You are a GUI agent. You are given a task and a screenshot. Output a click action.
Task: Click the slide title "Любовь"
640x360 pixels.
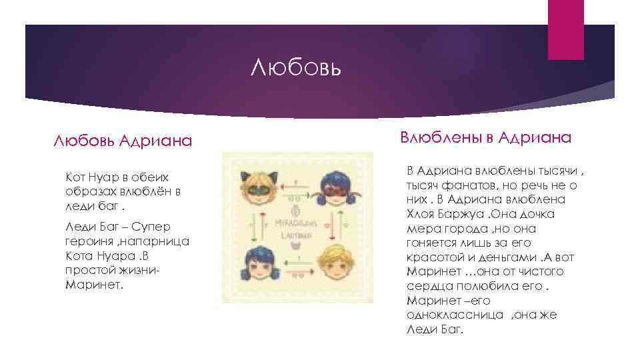pyautogui.click(x=297, y=67)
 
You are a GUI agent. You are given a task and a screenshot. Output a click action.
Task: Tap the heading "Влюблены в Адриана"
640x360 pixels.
pyautogui.click(x=485, y=137)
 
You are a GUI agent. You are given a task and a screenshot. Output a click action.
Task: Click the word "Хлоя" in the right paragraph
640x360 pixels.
pyautogui.click(x=420, y=214)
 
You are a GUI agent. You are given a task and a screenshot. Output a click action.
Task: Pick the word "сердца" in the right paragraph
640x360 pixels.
pyautogui.click(x=427, y=286)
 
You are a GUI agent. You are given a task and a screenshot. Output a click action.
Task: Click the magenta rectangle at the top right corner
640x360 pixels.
pyautogui.click(x=566, y=30)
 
